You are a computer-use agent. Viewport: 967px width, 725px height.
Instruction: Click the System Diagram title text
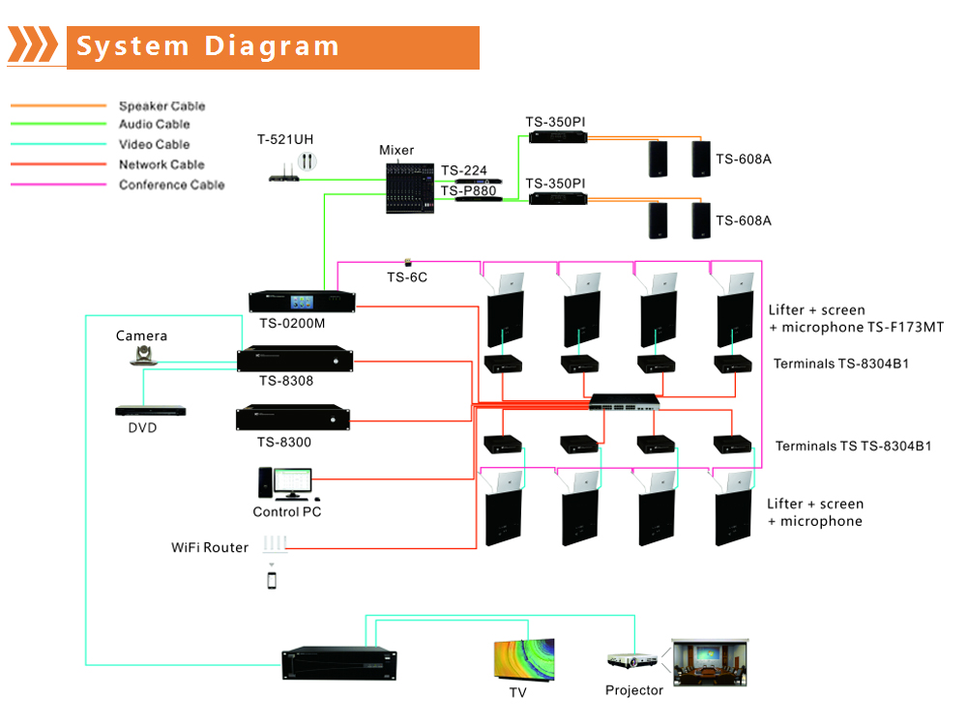pos(208,46)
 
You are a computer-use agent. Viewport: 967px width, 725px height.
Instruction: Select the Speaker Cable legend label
pos(161,106)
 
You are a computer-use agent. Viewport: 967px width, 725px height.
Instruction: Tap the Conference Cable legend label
pos(171,185)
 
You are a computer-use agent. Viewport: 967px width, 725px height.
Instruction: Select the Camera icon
pos(142,357)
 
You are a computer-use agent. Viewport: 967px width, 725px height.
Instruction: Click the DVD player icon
pos(151,411)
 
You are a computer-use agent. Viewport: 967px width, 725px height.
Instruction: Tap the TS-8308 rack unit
pos(294,359)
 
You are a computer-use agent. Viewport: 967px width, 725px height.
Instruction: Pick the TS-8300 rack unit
pos(293,419)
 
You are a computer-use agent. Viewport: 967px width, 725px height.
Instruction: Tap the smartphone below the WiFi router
pos(273,580)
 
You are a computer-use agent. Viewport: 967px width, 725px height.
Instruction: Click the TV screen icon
pos(525,659)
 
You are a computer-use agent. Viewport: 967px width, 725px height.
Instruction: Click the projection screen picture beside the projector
pos(711,661)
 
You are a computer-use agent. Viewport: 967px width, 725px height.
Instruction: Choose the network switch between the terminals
pos(627,400)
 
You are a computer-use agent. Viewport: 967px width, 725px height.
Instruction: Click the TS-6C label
pos(407,277)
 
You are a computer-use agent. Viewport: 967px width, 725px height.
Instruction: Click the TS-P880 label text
pos(468,191)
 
